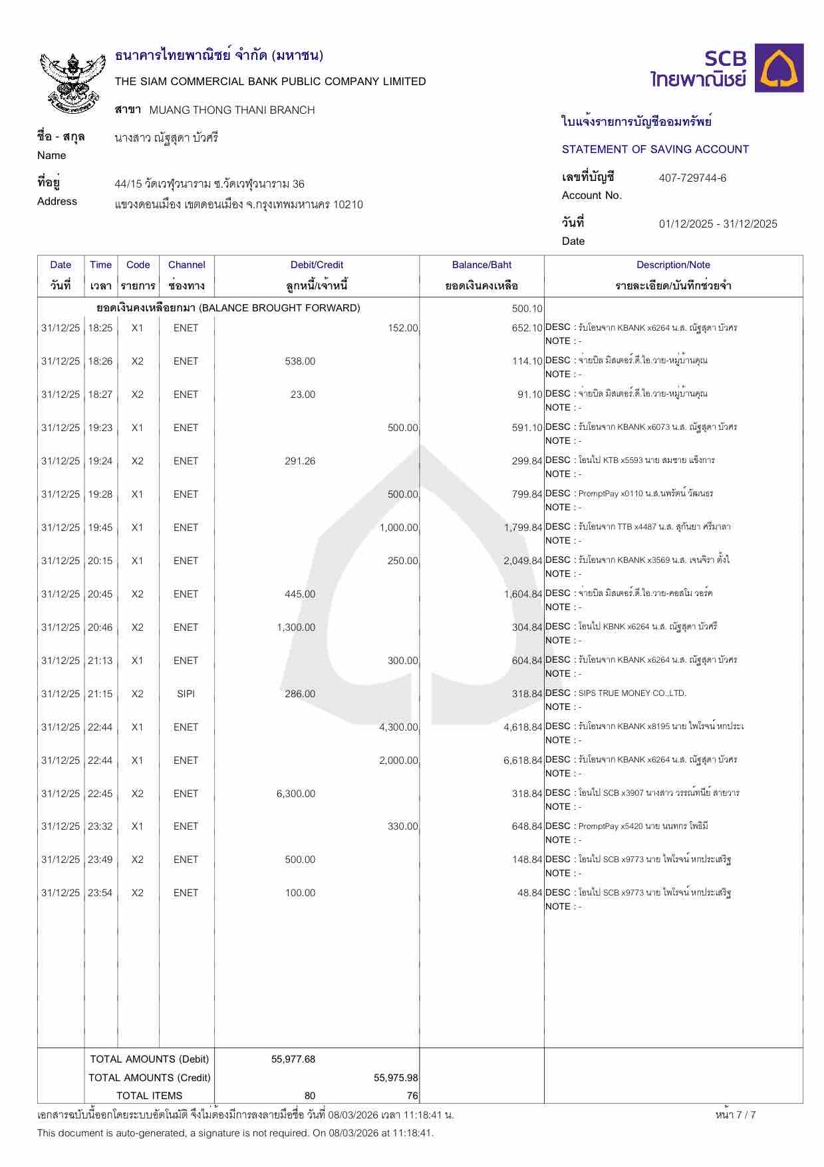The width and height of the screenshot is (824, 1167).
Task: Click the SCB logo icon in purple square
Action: click(779, 69)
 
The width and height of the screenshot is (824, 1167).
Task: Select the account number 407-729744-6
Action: click(692, 178)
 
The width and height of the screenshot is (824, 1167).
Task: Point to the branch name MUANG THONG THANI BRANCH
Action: click(232, 110)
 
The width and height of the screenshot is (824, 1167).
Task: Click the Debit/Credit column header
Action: click(317, 265)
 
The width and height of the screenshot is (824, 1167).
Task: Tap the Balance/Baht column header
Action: click(481, 265)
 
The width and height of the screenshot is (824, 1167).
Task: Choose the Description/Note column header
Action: click(673, 265)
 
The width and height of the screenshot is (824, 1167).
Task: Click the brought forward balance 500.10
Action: click(527, 309)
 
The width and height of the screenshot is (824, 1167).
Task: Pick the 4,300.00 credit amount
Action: click(398, 727)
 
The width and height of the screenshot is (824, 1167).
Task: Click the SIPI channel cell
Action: click(186, 694)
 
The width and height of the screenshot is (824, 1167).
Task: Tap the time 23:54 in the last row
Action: click(100, 893)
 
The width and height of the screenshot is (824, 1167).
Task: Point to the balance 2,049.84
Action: click(523, 561)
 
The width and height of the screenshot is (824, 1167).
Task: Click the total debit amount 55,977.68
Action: click(293, 1059)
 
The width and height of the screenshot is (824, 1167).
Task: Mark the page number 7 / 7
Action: click(736, 1115)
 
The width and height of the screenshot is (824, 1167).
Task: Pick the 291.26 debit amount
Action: click(300, 461)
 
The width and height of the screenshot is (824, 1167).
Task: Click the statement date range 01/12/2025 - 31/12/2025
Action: click(718, 224)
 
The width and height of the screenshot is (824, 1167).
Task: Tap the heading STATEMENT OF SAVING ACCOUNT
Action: click(655, 149)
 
